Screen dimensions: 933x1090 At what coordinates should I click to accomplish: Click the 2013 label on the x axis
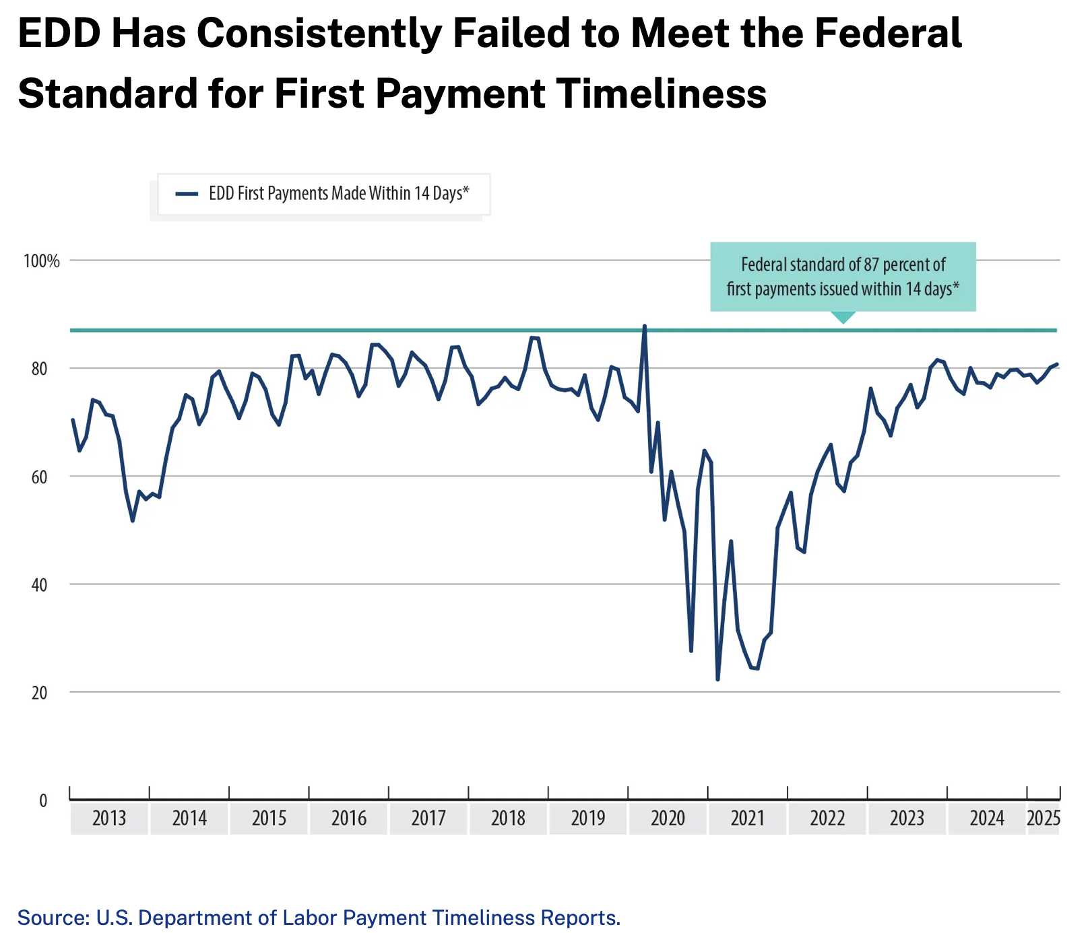[109, 819]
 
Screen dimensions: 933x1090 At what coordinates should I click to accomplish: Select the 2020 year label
[668, 819]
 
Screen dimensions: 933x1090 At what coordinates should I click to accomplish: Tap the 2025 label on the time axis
[1044, 819]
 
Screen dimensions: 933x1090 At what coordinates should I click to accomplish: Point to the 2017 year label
[428, 819]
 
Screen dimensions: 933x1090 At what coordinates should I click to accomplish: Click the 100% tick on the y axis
[42, 261]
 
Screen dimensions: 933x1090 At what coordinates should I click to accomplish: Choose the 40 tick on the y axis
[40, 585]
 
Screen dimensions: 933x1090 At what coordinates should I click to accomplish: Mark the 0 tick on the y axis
[44, 801]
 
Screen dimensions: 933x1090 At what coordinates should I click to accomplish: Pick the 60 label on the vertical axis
[40, 477]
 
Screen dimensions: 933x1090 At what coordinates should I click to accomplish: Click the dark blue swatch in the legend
[187, 194]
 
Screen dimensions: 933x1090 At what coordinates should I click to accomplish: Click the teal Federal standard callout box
[843, 277]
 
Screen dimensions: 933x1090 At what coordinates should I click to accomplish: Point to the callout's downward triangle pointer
[843, 317]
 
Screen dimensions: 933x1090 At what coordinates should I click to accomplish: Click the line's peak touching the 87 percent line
[645, 326]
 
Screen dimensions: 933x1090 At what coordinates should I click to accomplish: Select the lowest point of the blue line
[717, 679]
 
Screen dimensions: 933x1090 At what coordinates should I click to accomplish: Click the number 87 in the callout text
[872, 265]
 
